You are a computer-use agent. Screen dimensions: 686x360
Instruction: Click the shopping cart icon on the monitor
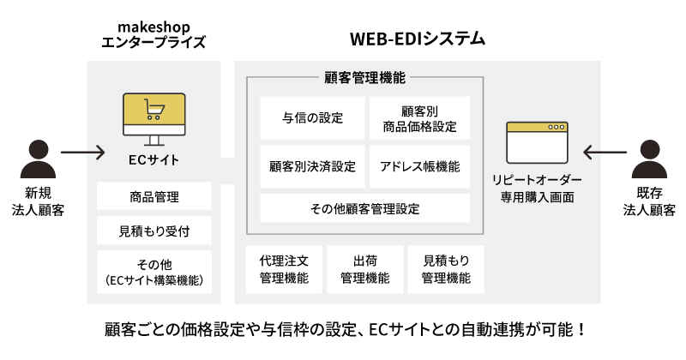point(154,110)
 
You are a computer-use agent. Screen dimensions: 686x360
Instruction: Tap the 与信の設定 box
point(312,118)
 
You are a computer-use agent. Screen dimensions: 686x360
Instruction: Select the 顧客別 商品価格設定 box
point(419,118)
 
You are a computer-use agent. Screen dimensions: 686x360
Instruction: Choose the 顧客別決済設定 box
point(312,166)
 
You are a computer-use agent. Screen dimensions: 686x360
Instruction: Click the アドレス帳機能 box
point(419,166)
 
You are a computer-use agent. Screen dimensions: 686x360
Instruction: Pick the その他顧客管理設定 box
point(365,208)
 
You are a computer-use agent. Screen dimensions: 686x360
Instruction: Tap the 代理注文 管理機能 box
point(284,269)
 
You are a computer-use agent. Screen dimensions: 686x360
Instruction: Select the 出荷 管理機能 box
point(365,269)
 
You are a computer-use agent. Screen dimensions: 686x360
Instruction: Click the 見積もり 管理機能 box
point(446,269)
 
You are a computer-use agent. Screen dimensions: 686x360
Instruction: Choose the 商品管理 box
point(154,196)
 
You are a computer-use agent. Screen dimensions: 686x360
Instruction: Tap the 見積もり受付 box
point(154,231)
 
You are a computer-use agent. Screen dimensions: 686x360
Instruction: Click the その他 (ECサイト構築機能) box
point(154,272)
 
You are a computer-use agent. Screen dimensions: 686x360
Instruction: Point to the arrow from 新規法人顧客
point(82,153)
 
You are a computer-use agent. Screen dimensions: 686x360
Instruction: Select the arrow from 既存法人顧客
point(605,153)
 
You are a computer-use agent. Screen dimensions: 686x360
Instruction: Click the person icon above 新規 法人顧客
point(38,159)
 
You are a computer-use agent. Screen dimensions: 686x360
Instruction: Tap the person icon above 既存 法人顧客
point(649,159)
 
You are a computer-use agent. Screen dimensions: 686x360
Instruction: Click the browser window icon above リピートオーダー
point(538,142)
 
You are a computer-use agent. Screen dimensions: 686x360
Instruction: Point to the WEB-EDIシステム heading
point(418,39)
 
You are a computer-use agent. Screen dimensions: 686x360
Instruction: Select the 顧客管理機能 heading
point(365,77)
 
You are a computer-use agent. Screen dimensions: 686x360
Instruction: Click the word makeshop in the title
point(154,27)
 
